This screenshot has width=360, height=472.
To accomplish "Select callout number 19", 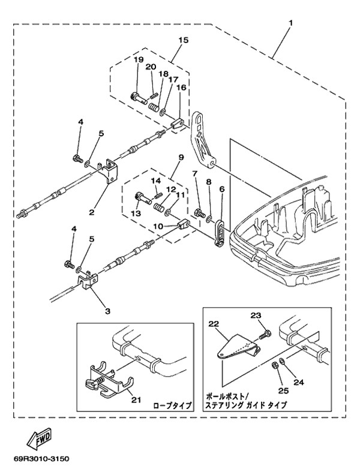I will click(137, 59).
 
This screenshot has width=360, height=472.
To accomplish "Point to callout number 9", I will click(179, 158).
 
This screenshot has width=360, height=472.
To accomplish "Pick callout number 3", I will click(108, 311).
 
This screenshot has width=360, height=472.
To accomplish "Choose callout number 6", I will click(221, 189).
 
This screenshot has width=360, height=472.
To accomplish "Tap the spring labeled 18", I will click(155, 109).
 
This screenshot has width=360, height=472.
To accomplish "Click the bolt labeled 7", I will click(199, 212).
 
